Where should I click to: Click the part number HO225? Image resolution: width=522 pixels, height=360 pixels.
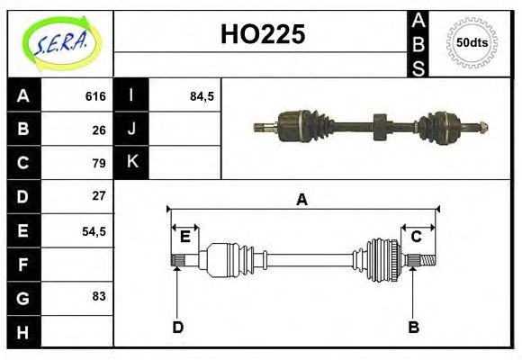click(263, 34)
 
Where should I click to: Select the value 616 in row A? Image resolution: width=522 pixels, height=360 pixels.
click(95, 96)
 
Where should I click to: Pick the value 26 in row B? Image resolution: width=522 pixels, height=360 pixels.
click(99, 129)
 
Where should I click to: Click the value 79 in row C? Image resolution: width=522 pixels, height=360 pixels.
click(99, 163)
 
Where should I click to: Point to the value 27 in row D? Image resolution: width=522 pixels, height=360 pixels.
click(99, 195)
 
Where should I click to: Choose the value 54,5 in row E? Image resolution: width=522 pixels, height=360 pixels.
click(94, 230)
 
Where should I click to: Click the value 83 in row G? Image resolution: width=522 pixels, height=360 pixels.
click(99, 295)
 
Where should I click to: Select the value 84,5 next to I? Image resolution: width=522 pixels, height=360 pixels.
click(202, 96)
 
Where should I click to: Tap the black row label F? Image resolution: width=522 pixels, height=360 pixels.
click(23, 265)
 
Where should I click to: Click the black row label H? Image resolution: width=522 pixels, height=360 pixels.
click(23, 331)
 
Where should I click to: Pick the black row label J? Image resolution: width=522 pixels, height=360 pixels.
click(131, 129)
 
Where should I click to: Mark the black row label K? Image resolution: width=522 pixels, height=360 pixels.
click(131, 163)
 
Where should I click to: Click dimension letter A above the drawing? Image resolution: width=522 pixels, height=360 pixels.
click(301, 200)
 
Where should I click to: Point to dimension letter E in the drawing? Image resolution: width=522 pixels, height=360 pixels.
click(185, 237)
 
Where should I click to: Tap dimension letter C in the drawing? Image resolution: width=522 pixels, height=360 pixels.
click(417, 237)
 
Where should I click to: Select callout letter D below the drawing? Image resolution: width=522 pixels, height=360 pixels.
click(177, 327)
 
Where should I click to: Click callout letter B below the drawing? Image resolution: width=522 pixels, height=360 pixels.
click(413, 327)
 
